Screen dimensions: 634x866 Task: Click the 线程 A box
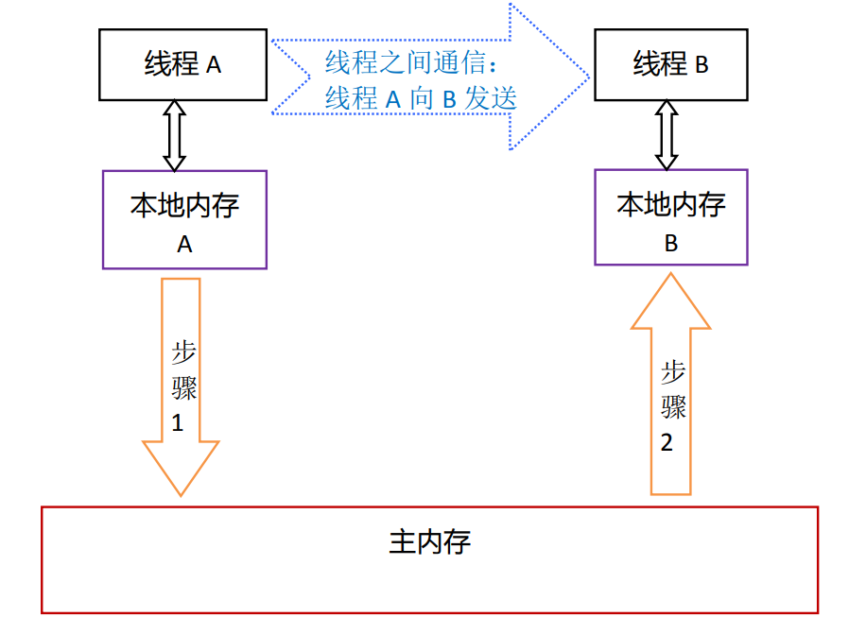pos(183,64)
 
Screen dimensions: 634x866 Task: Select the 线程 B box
pos(670,64)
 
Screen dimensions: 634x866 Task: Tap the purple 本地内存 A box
pos(184,220)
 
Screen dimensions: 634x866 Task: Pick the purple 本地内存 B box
pos(670,217)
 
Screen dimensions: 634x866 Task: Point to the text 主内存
pos(429,542)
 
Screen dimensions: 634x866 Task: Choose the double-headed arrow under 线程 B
pos(667,135)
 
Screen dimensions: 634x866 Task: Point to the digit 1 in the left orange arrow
pos(177,422)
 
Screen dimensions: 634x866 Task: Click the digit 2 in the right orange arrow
pos(667,442)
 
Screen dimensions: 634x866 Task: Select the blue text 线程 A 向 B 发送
pos(421,98)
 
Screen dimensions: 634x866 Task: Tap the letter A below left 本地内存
pos(184,244)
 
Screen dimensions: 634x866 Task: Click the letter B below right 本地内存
pos(670,243)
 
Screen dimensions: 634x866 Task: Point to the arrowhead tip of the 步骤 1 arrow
pos(181,493)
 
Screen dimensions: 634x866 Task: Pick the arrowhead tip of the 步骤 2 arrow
pos(670,276)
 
